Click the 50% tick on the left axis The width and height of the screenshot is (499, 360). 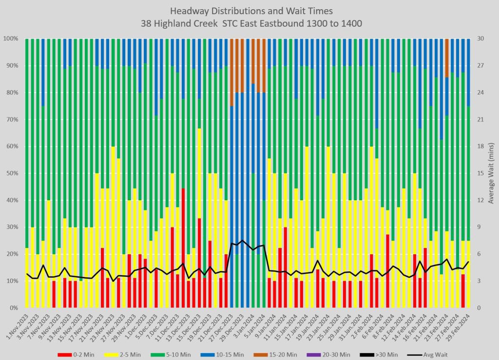(x=11, y=173)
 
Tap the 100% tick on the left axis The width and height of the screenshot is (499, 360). (x=10, y=38)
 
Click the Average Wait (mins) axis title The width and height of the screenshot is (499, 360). (x=491, y=173)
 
